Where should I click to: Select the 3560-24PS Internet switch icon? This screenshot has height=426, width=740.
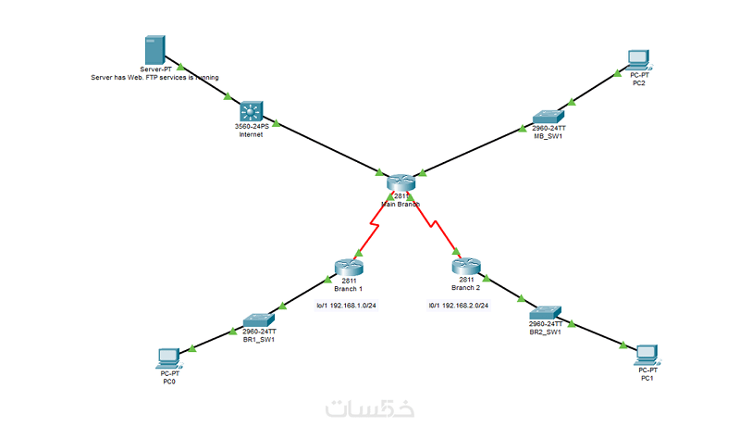(x=251, y=110)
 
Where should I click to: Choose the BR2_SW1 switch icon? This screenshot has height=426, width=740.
(x=545, y=310)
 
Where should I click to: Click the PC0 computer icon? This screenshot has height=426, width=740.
(x=168, y=357)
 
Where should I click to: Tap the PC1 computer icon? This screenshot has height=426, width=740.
(x=647, y=353)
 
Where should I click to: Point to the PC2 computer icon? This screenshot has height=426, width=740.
(x=638, y=59)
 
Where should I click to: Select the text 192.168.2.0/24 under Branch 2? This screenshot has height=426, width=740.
(x=459, y=305)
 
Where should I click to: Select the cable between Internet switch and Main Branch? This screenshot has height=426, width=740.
(x=328, y=148)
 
